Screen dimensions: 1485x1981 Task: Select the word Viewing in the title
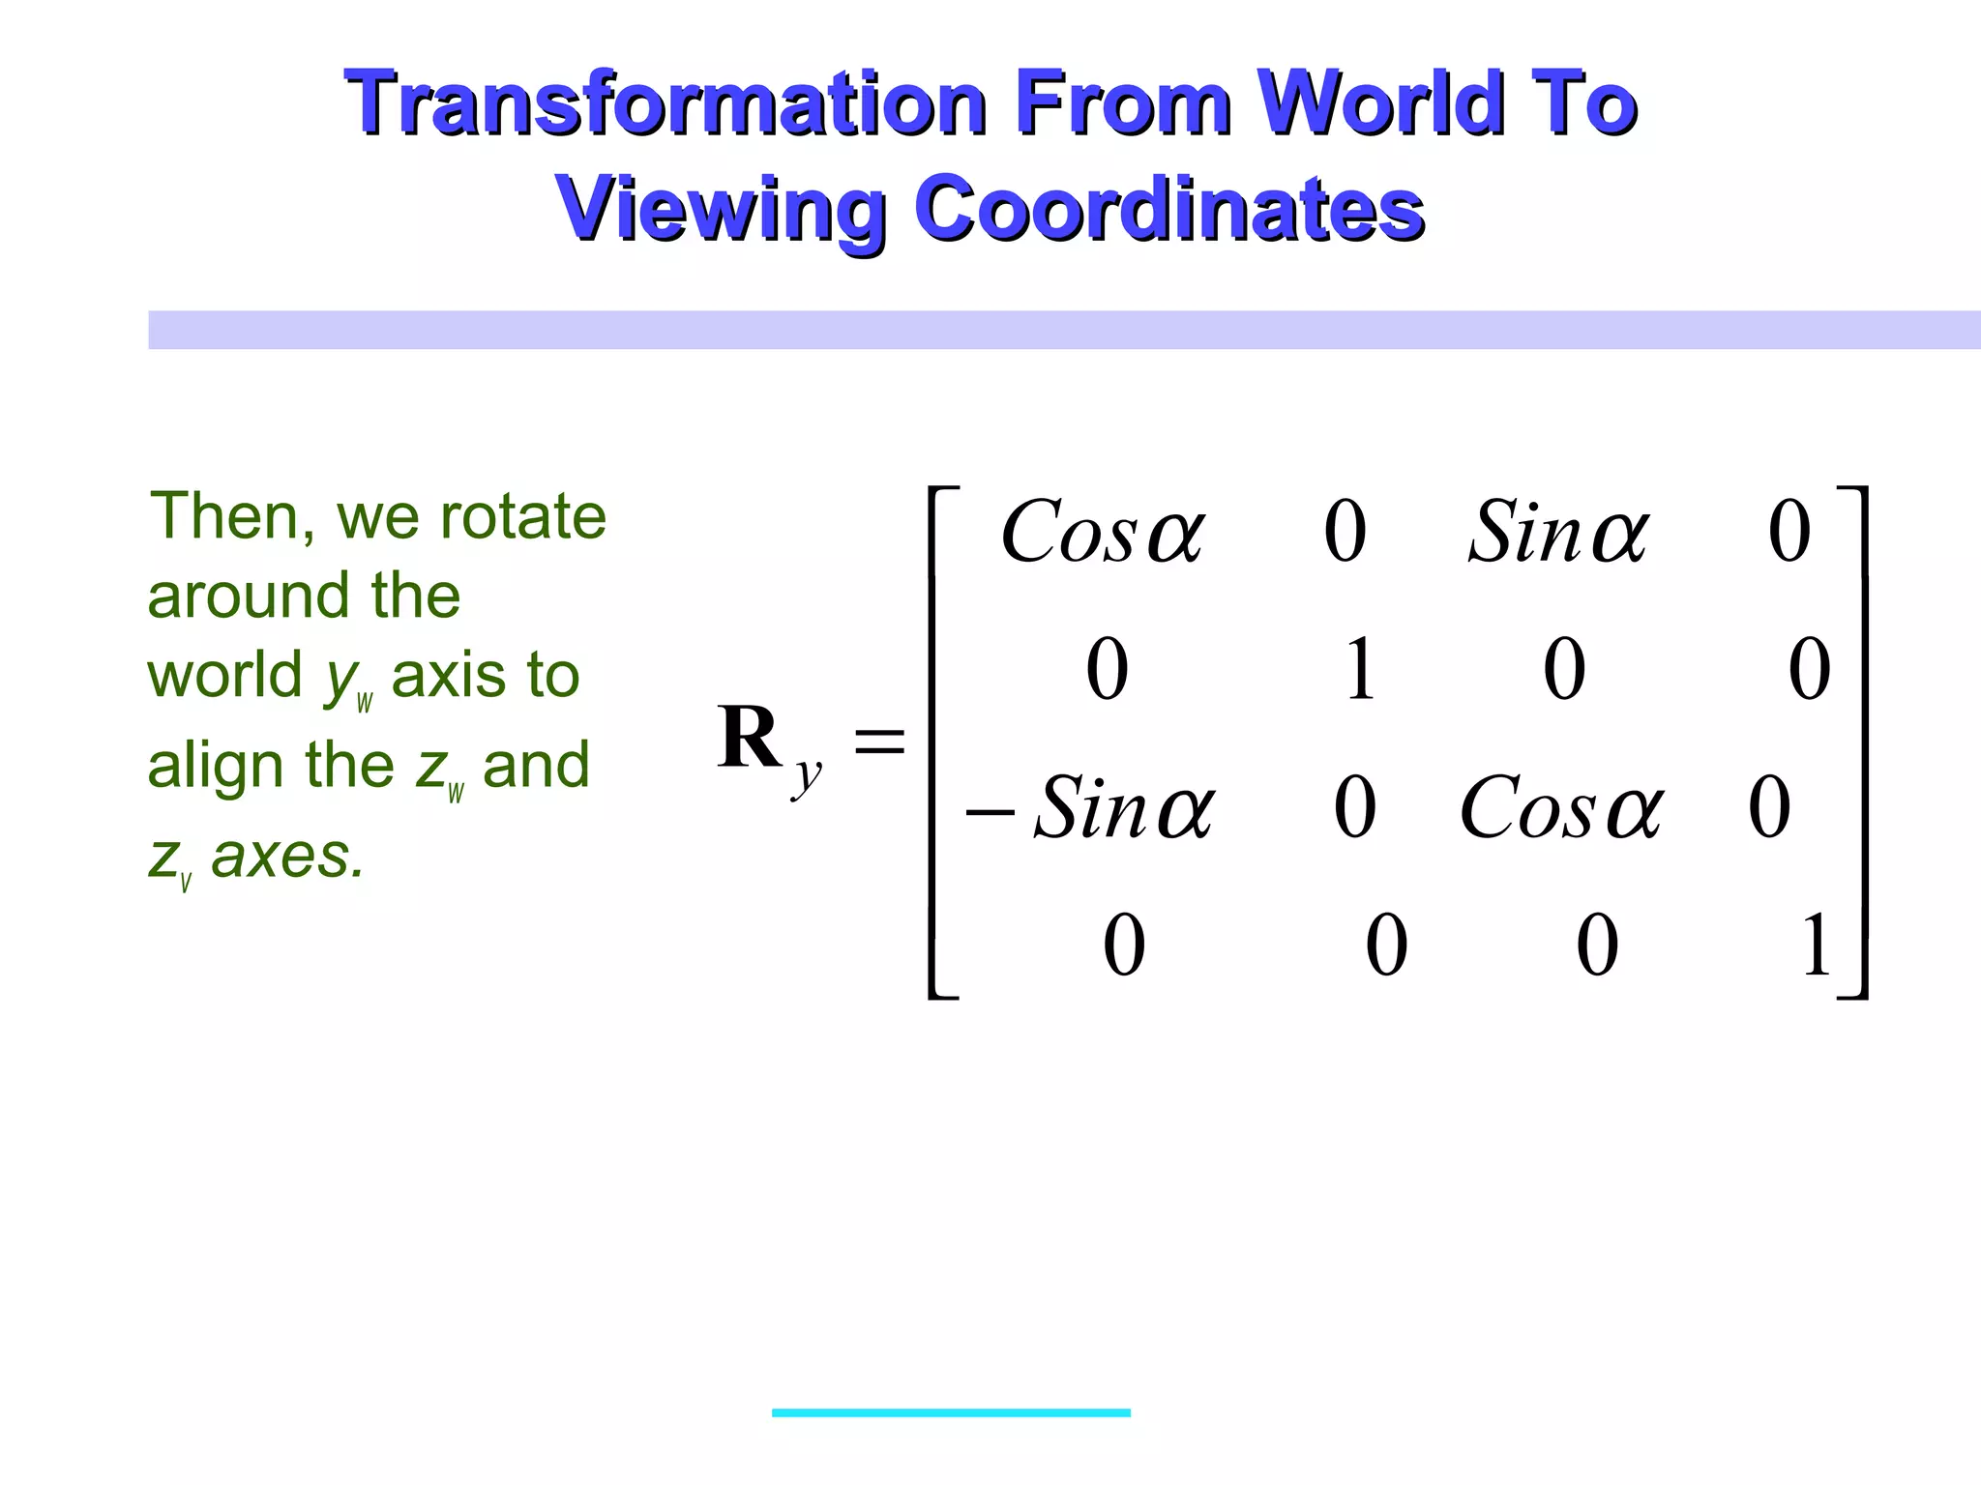point(720,209)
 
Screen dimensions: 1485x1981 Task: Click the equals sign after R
point(879,742)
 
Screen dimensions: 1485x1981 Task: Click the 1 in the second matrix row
point(1359,669)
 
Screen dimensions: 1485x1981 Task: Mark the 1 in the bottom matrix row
point(1816,945)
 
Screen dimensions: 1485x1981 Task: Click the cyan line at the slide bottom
point(951,1412)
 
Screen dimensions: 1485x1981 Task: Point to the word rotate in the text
point(522,517)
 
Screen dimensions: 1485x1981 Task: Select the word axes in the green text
point(287,857)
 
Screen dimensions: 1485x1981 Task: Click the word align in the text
point(217,765)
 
